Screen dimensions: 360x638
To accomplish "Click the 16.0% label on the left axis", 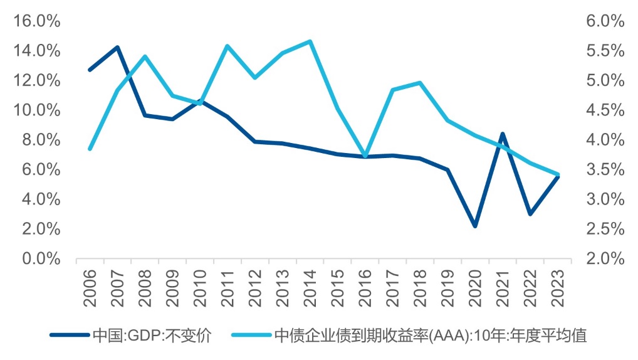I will (37, 21).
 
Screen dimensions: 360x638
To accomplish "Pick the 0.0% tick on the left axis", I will (40, 259).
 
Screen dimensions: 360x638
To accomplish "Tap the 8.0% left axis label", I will (40, 140).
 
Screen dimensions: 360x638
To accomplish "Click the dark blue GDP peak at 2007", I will (117, 48).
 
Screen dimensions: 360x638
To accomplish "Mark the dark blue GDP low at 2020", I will (475, 226).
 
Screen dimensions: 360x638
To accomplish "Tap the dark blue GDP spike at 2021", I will (502, 134).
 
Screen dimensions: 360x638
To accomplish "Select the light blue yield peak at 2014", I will (310, 41).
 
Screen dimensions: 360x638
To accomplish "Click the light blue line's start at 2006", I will (90, 149).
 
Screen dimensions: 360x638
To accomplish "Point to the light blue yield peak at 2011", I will (227, 46).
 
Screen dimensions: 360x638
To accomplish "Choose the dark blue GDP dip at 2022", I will (530, 214).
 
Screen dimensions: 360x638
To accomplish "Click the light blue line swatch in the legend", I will (251, 336).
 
